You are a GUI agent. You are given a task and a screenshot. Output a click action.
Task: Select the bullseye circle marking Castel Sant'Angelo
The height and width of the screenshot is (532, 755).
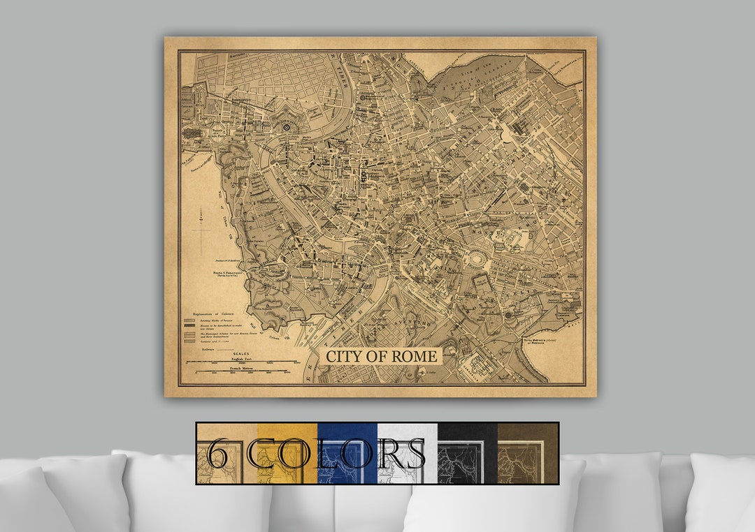pyautogui.click(x=287, y=127)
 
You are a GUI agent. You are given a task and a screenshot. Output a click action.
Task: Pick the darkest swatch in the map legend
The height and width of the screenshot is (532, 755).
pyautogui.click(x=189, y=322)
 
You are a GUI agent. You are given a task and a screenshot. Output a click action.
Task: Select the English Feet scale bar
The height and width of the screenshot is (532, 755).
pyautogui.click(x=241, y=362)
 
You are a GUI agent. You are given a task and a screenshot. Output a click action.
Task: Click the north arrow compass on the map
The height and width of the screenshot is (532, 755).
pyautogui.click(x=201, y=227)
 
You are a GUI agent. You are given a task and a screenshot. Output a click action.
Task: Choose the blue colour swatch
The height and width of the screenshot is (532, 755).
pyautogui.click(x=347, y=454)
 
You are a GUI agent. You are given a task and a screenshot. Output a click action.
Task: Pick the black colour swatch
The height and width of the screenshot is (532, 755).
pyautogui.click(x=467, y=454)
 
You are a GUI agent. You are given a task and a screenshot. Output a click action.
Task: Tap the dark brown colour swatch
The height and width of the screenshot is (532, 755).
pyautogui.click(x=527, y=454)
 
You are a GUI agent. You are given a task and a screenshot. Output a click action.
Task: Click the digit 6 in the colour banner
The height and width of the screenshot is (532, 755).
pyautogui.click(x=218, y=454)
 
